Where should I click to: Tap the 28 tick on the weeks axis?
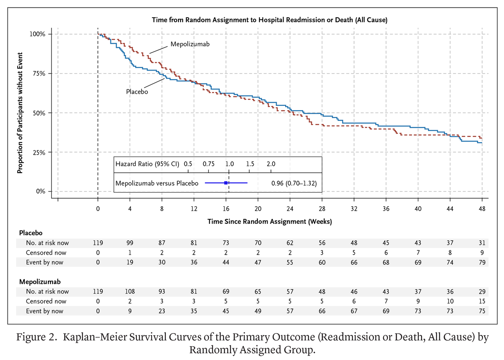tap(322, 209)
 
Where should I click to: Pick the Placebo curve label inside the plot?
tap(137, 91)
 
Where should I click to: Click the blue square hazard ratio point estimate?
tap(226, 183)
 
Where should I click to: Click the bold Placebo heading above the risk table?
tap(31, 233)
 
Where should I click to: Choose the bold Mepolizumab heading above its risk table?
tap(38, 281)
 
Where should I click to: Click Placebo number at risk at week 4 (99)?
tap(130, 243)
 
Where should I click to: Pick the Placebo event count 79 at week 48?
tap(482, 263)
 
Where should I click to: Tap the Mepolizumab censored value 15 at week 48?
tap(482, 301)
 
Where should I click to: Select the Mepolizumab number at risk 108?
tap(130, 292)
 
